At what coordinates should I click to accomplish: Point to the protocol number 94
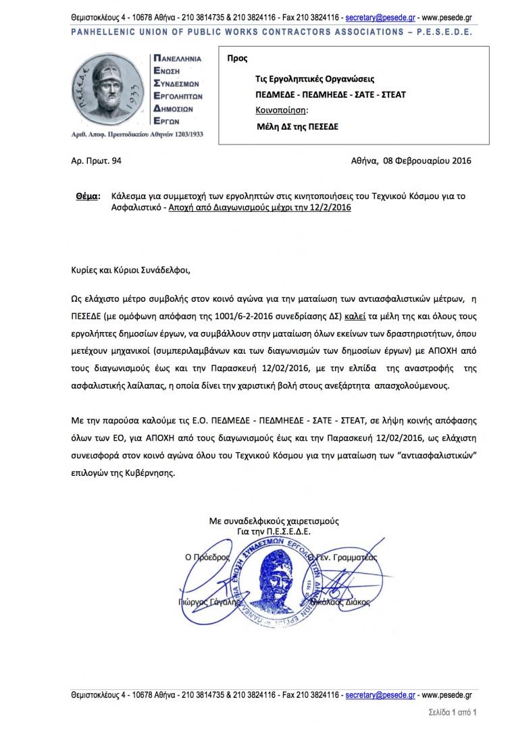click(116, 161)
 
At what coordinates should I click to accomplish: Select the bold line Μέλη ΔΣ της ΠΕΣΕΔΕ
click(299, 126)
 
